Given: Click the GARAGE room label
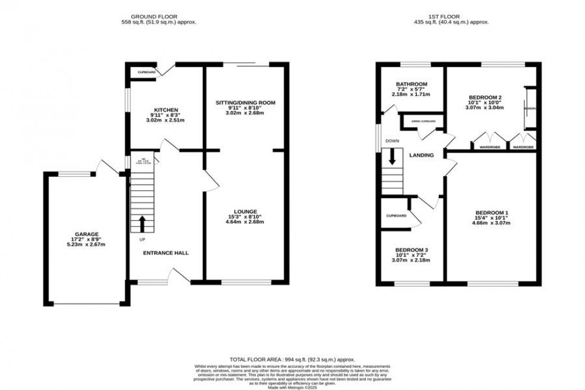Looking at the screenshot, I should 87,234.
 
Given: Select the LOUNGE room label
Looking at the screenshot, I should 245,211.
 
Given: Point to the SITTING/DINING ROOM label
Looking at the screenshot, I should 245,103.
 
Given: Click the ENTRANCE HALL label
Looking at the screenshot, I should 166,253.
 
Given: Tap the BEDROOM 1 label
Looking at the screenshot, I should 492,213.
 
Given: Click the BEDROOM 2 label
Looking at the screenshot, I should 485,97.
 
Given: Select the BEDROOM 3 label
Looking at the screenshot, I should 411,250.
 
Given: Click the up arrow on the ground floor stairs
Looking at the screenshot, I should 142,223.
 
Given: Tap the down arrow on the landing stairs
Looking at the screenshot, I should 392,156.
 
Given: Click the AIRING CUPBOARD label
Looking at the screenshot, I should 423,121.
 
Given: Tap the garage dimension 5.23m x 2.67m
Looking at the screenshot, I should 87,244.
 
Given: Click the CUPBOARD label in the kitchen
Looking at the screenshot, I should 146,72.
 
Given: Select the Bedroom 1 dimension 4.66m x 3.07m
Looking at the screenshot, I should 492,223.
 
